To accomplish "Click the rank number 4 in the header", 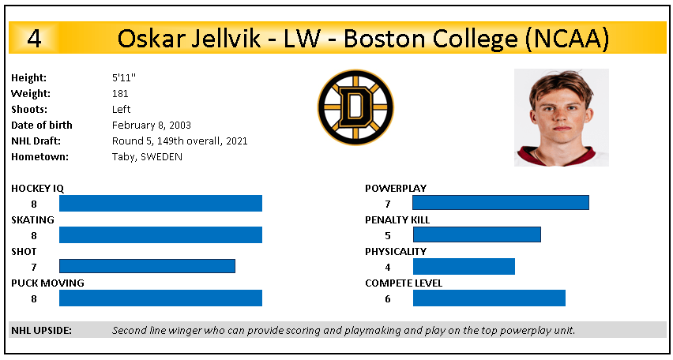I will [34, 39].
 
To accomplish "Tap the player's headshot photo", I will [561, 117].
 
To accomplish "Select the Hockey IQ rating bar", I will [160, 203].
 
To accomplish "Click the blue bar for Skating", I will [160, 234].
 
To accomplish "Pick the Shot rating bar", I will [147, 266].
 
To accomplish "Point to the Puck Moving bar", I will [160, 298].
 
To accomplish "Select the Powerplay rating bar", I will [501, 203].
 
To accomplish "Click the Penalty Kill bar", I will [476, 234].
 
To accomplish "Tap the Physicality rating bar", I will [464, 266].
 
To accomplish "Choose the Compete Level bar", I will [489, 298].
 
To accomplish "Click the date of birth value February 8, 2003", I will [151, 125].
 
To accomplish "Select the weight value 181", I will [120, 93].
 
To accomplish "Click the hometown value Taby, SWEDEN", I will [147, 156].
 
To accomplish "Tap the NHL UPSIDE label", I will [42, 330].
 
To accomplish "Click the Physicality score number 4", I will [388, 267].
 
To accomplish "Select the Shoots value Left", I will [122, 109].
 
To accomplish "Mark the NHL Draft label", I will [36, 141].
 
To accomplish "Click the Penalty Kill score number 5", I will [388, 235].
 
